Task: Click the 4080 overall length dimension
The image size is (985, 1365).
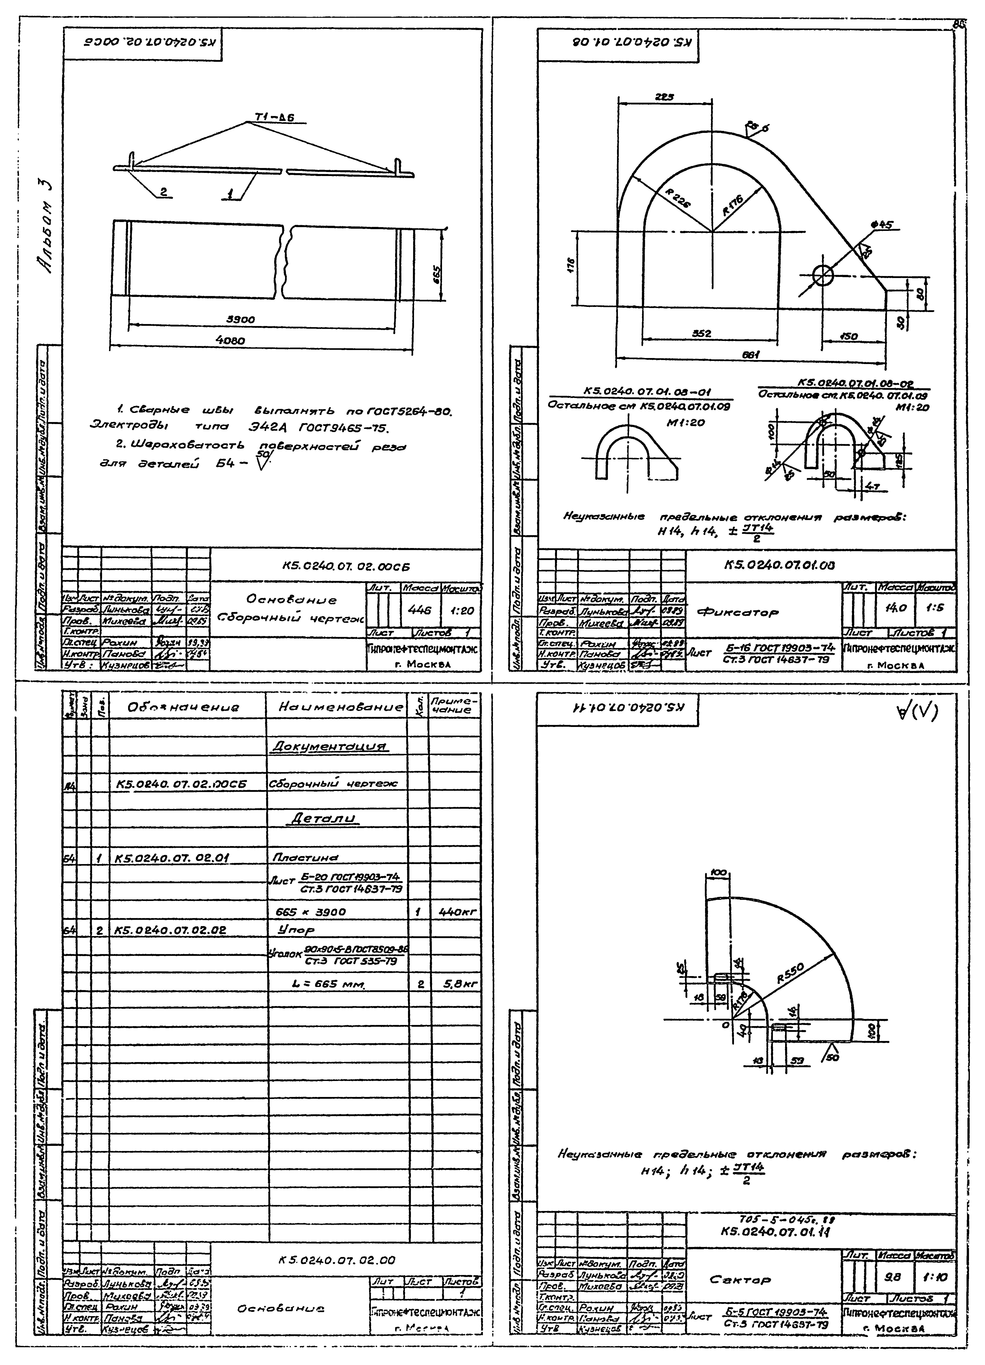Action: click(x=230, y=340)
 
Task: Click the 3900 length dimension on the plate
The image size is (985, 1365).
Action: click(x=240, y=320)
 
